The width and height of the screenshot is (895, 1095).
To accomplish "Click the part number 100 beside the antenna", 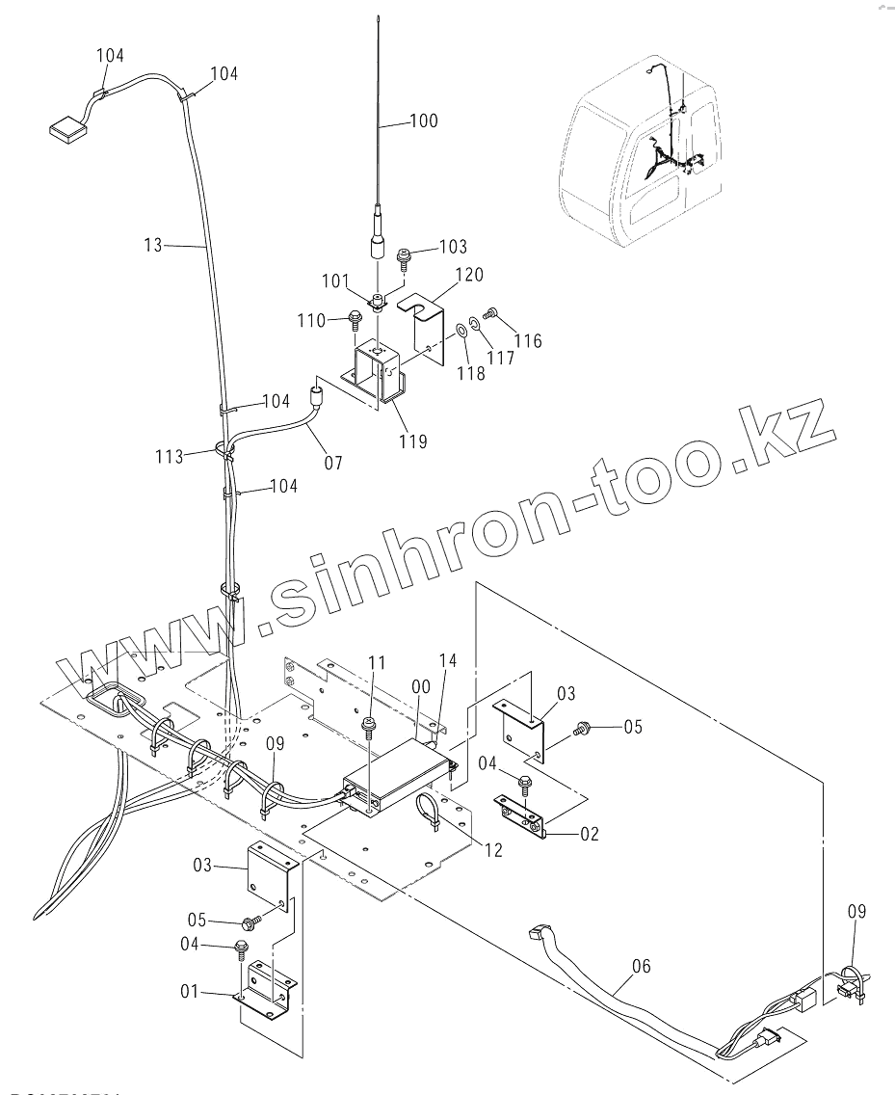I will coord(423,121).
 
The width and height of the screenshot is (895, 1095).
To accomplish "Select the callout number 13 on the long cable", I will coord(153,246).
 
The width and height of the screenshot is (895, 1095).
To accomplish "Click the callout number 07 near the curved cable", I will coord(332,464).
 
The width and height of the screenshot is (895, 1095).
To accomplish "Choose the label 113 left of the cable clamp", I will coord(170,456).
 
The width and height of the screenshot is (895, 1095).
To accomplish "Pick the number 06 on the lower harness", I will coord(641,965).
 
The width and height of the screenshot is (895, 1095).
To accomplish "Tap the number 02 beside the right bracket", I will coord(589,834).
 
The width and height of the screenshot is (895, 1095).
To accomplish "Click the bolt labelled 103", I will coord(403,254).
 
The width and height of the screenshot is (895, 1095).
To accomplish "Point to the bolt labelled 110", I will coord(354,317).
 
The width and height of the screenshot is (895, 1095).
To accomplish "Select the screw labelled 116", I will coord(492,312).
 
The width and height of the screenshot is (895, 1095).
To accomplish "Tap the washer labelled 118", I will coord(461,332).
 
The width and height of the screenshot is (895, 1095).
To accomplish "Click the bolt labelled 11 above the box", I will coord(367,722).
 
